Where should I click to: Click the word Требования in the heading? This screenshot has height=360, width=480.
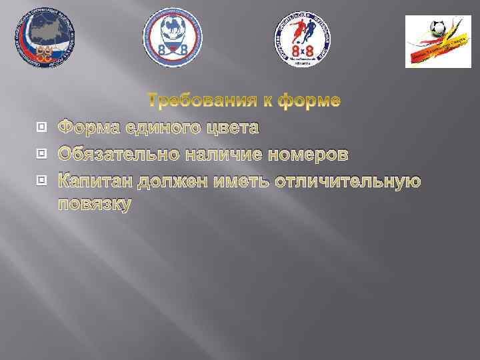pos(199,101)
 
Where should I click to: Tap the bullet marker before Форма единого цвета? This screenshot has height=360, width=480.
pos(42,127)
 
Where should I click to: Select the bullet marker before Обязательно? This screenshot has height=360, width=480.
pos(42,155)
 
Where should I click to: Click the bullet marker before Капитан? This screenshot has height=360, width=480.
pos(42,181)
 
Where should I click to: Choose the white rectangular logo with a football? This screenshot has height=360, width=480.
pos(438,41)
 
